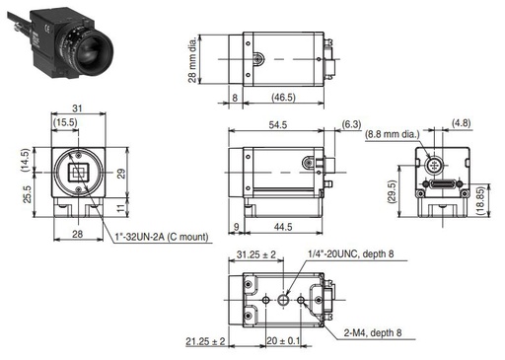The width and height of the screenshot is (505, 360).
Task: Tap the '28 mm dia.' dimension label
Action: tap(192, 59)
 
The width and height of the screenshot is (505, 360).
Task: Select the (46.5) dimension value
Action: tap(283, 98)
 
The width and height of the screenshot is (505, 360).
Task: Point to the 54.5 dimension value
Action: tap(278, 124)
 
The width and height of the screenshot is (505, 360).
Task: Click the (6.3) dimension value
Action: tap(351, 124)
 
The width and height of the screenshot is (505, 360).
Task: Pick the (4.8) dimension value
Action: tap(461, 123)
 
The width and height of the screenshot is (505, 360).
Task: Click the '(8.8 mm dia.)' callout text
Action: tap(393, 134)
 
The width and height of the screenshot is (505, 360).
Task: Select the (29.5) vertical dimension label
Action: tap(393, 191)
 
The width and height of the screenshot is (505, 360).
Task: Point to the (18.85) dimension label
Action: tap(481, 201)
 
